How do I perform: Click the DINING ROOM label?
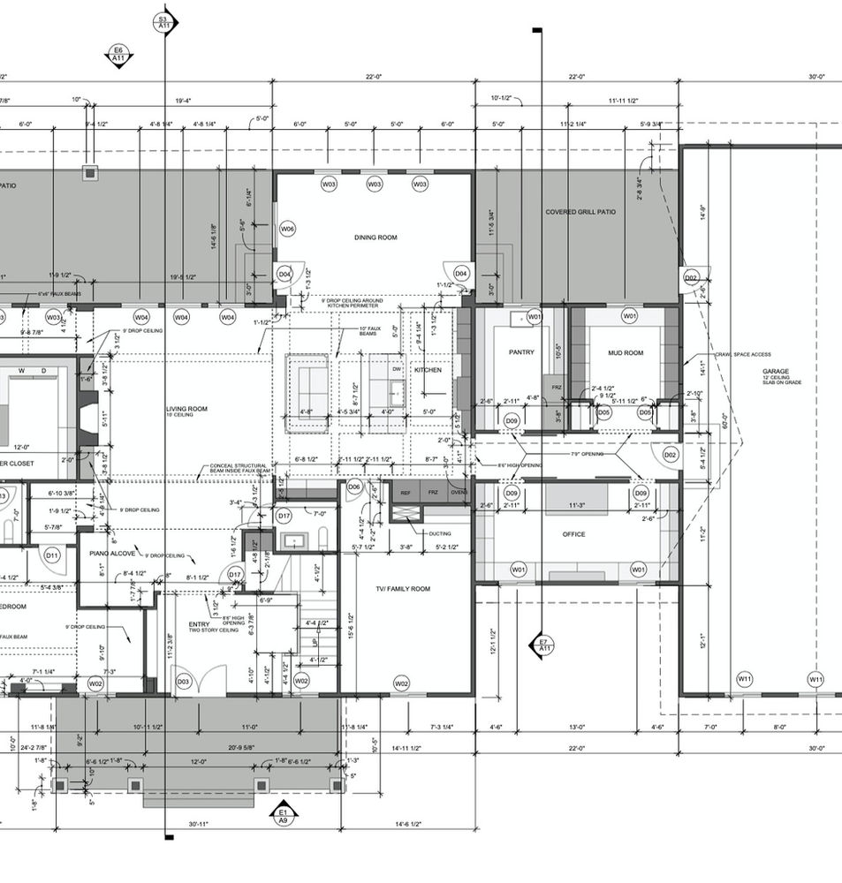pyautogui.click(x=375, y=238)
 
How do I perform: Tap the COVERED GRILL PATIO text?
pyautogui.click(x=580, y=212)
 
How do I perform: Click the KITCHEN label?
pyautogui.click(x=429, y=370)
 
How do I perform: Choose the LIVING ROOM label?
pyautogui.click(x=186, y=409)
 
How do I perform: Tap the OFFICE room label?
pyautogui.click(x=574, y=534)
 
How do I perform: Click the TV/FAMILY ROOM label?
pyautogui.click(x=402, y=588)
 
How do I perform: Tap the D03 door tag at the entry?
pyautogui.click(x=184, y=682)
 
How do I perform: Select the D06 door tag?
pyautogui.click(x=354, y=487)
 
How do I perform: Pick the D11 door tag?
pyautogui.click(x=52, y=555)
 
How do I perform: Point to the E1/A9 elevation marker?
pyautogui.click(x=283, y=815)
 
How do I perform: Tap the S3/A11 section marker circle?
pyautogui.click(x=163, y=22)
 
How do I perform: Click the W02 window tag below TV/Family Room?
pyautogui.click(x=401, y=683)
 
